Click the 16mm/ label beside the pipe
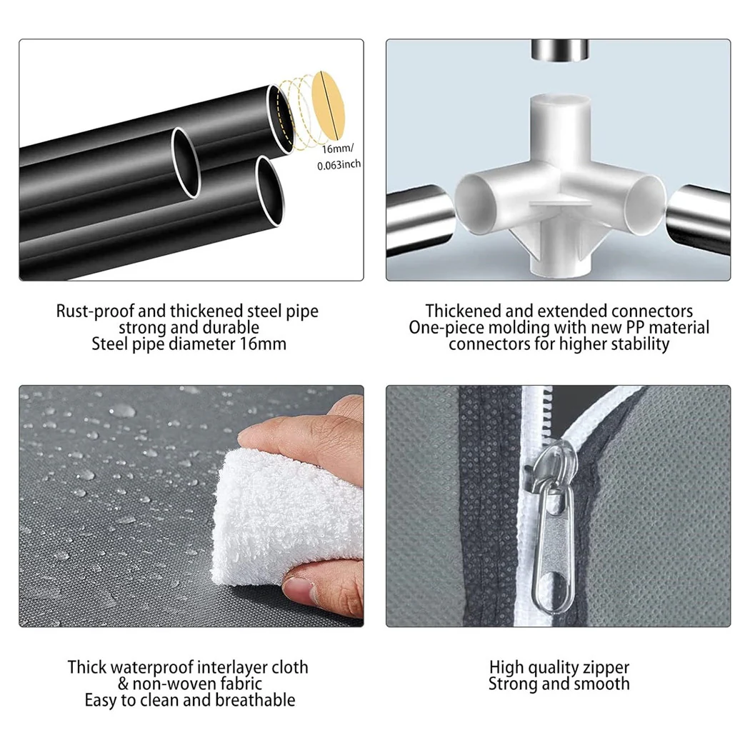point(338,149)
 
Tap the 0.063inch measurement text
point(339,165)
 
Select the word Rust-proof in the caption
point(96,311)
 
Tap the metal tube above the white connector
point(559,50)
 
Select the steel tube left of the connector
point(419,220)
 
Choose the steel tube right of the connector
point(699,220)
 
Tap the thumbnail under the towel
point(300,591)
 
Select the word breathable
point(255,700)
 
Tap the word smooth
point(601,684)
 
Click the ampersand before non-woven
point(124,684)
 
